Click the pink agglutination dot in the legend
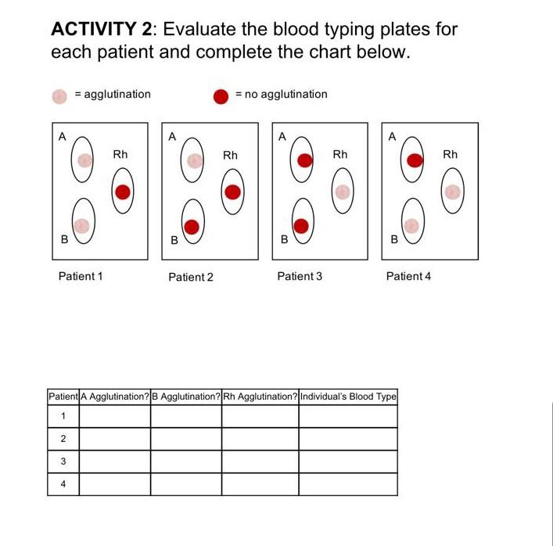pyautogui.click(x=59, y=95)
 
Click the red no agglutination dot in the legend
pyautogui.click(x=221, y=96)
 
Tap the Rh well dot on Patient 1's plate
pyautogui.click(x=123, y=192)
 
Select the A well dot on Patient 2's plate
pyautogui.click(x=194, y=160)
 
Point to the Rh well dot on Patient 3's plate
pyautogui.click(x=342, y=192)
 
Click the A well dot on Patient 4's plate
pyautogui.click(x=415, y=160)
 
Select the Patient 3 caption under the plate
pyautogui.click(x=300, y=276)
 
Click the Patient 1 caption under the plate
pyautogui.click(x=81, y=276)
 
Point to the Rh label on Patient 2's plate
pyautogui.click(x=230, y=156)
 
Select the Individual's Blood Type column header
pyautogui.click(x=348, y=397)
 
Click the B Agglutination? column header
pyautogui.click(x=186, y=397)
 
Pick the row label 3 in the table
pyautogui.click(x=63, y=462)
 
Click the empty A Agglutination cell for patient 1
pyautogui.click(x=115, y=416)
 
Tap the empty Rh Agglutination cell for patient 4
pyautogui.click(x=260, y=484)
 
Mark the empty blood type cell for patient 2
pyautogui.click(x=348, y=439)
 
